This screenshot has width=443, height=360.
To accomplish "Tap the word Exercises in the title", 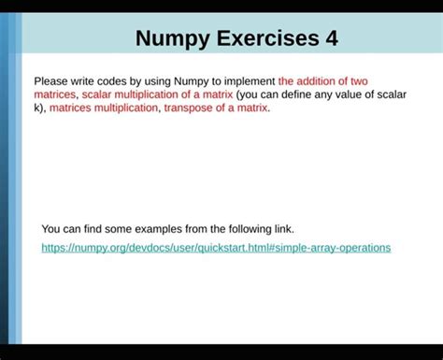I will pos(266,39).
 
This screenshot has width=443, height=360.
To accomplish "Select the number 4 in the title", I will pos(332,39).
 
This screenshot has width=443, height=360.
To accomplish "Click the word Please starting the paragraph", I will pos(52,81).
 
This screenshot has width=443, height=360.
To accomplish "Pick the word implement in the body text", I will pos(248,81).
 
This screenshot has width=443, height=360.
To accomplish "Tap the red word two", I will pos(359,81).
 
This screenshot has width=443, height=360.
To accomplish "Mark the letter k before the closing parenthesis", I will pos(36,108).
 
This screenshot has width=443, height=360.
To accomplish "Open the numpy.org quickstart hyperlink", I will pos(216,248).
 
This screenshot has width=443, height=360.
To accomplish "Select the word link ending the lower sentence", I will pos(282,228).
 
